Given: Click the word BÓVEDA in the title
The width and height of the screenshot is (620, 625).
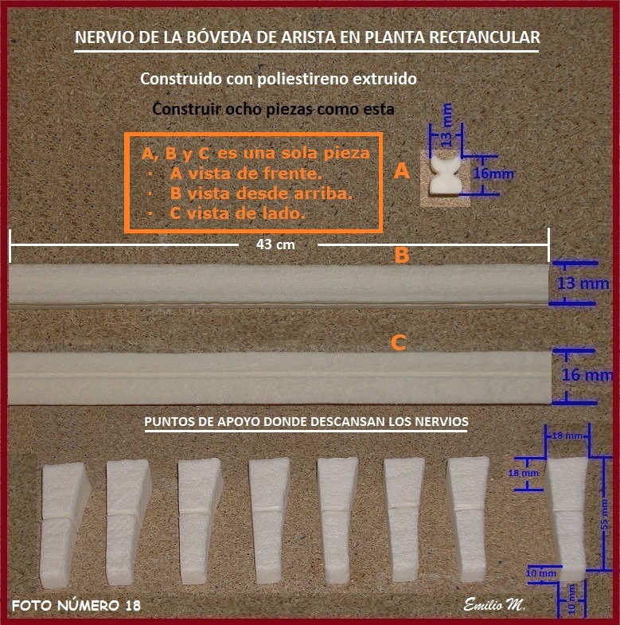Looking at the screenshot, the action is point(218,37).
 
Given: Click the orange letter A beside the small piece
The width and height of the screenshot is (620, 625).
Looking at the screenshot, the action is point(402,171).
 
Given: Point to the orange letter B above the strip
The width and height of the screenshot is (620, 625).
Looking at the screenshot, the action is point(402,255).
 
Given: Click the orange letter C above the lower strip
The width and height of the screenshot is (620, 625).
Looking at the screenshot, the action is point(399,343).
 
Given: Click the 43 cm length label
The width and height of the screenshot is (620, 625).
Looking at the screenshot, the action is point(275,244).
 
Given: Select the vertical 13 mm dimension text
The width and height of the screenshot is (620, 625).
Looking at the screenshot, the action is point(447,124).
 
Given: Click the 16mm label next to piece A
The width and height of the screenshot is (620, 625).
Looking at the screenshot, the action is point(493,174).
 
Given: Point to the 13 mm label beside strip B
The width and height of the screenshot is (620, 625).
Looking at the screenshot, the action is point(583,283).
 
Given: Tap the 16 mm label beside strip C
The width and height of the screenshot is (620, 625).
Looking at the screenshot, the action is point(587,375).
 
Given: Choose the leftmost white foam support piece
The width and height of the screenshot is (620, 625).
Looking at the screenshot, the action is point(64,525).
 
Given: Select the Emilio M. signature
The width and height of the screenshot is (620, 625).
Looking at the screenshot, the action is point(494,604).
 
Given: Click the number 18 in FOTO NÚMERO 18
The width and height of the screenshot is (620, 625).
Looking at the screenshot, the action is point(133,606).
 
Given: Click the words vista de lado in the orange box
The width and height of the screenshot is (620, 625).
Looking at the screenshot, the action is point(246,213).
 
